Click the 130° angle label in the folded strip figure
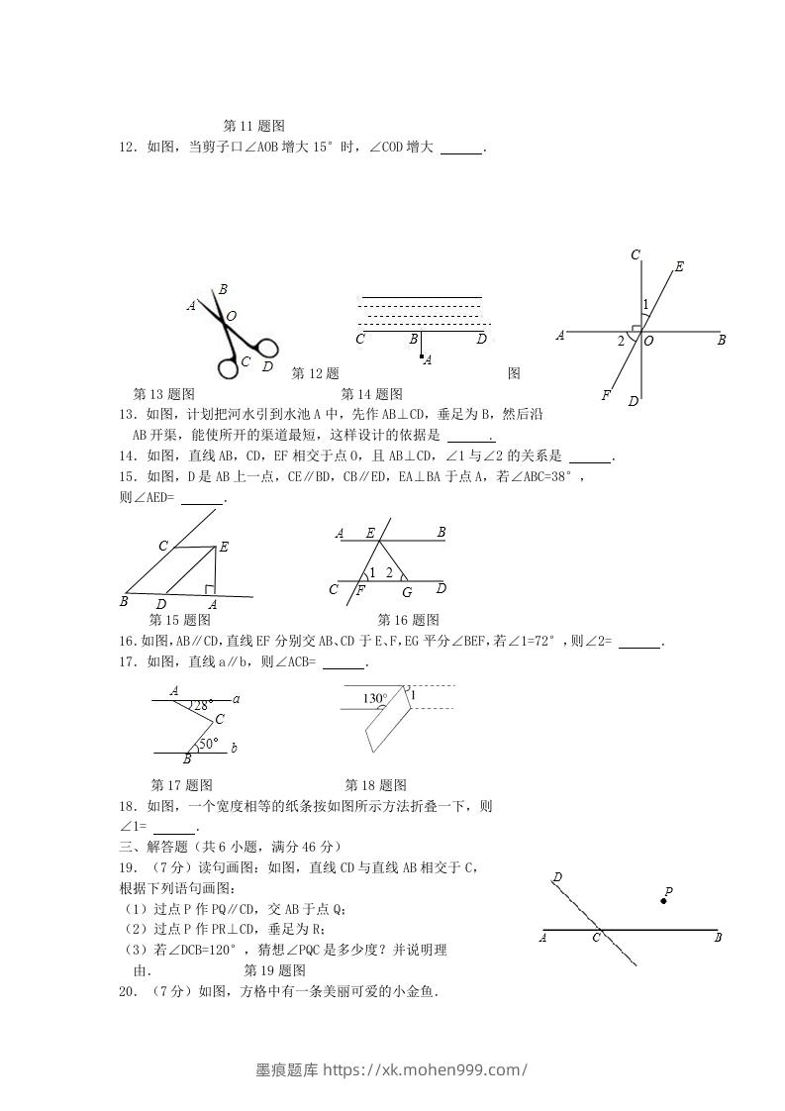point(374,698)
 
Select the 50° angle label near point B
point(208,743)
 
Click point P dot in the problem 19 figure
point(663,901)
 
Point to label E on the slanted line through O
point(679,266)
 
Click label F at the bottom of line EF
point(605,395)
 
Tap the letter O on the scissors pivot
point(232,317)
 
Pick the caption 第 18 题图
point(375,785)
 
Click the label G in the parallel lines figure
point(406,592)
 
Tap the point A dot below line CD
point(421,355)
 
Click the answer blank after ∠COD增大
point(460,151)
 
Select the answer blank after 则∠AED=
point(202,501)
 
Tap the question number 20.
point(126,991)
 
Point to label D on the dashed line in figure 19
point(558,877)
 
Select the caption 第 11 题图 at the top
point(254,126)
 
